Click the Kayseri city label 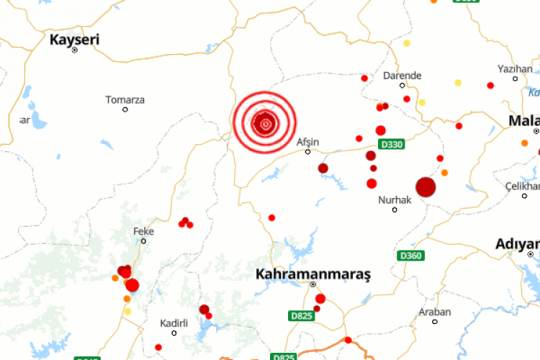[x=74, y=40]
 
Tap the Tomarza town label [x=125, y=99]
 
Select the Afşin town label [x=307, y=142]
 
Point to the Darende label [x=402, y=76]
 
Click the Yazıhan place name [x=515, y=68]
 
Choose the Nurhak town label [x=395, y=199]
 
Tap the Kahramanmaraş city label [x=312, y=274]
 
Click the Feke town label [x=144, y=231]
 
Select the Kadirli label [x=174, y=323]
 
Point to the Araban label [x=435, y=312]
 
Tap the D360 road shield [x=410, y=256]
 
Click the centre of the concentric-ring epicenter [x=265, y=123]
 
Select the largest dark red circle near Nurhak [x=426, y=187]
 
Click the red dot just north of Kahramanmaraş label [x=271, y=217]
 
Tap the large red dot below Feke [x=132, y=285]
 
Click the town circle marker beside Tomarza [x=125, y=109]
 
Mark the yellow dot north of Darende [x=407, y=43]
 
